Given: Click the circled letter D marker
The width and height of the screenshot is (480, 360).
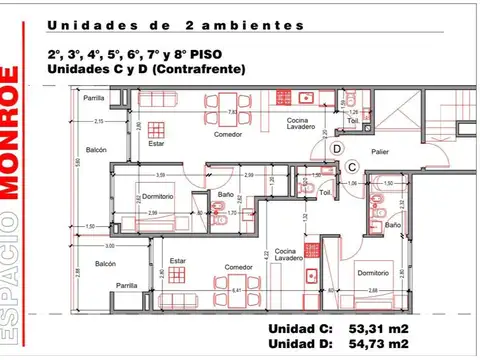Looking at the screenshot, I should (337, 148).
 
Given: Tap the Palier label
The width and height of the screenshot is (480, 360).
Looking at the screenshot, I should (380, 154).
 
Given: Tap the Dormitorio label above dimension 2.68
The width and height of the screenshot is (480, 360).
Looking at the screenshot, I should (373, 271).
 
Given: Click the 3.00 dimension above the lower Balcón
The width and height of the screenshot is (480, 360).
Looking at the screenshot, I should (110, 245).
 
